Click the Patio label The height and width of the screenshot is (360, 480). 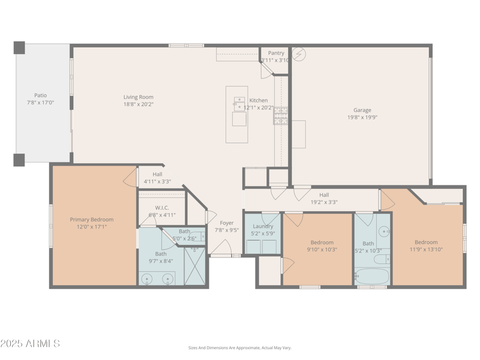40,95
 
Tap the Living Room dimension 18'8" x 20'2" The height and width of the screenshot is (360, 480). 139,104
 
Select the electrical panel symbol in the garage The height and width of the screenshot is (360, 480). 299,54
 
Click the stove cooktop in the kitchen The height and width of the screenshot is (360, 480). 281,116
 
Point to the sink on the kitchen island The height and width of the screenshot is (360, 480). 239,103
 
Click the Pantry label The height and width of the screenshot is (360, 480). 276,53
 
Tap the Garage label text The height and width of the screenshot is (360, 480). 362,110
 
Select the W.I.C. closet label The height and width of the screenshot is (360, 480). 162,208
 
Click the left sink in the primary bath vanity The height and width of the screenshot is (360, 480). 147,278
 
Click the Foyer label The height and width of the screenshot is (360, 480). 227,223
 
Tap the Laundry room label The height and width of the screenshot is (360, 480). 263,226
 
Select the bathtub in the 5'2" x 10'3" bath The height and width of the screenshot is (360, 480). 371,277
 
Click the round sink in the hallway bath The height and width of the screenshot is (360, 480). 382,231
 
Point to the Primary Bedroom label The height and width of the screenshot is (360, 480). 91,220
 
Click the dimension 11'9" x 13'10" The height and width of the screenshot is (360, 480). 426,250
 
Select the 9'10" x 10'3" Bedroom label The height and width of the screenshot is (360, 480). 322,242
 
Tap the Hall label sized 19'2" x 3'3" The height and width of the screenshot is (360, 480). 324,195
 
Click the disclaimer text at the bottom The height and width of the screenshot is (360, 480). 240,347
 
